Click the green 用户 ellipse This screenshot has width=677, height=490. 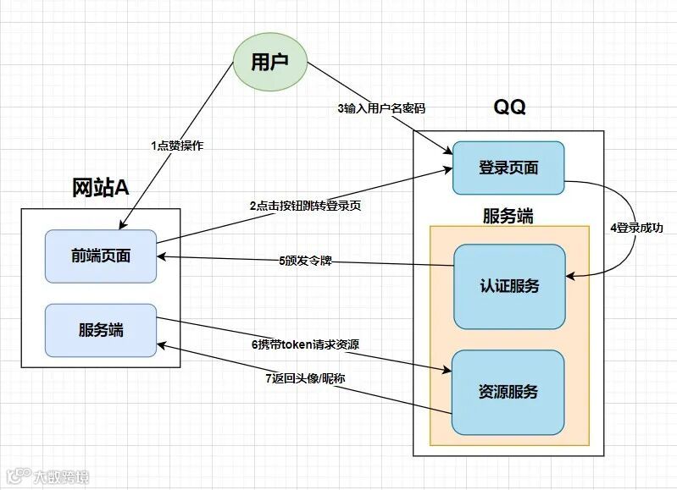click(x=270, y=62)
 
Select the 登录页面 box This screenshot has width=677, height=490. click(x=508, y=168)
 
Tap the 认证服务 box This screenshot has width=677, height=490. click(x=508, y=286)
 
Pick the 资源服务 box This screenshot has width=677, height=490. click(x=508, y=392)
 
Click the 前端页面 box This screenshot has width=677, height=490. click(x=101, y=256)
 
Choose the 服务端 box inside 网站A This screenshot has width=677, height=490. click(x=101, y=329)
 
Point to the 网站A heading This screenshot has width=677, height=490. click(x=100, y=188)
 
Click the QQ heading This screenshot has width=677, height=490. click(x=509, y=107)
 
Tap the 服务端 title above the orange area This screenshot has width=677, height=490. click(x=508, y=215)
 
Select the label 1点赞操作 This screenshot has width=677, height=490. click(x=177, y=146)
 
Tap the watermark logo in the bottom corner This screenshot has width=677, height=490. click(x=19, y=476)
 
